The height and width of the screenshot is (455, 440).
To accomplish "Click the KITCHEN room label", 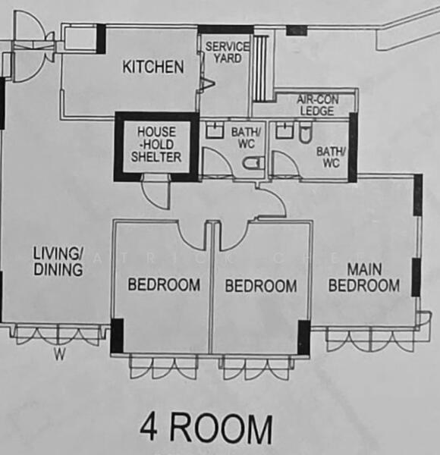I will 152,67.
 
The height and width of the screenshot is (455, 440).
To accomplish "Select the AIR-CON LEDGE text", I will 317,104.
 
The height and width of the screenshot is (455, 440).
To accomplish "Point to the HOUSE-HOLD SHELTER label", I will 156,143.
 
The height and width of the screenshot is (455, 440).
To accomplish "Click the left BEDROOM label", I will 164,285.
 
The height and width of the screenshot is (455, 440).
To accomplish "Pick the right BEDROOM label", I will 261,286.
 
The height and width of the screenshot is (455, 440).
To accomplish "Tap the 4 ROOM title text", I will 206,428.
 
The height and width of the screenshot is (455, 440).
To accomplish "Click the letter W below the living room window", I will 58,353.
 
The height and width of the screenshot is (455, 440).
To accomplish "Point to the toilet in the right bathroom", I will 305,134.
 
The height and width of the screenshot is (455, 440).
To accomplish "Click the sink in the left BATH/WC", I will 213,130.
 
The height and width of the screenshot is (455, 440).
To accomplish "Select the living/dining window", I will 57,334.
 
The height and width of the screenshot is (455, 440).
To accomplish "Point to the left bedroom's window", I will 163,367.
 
